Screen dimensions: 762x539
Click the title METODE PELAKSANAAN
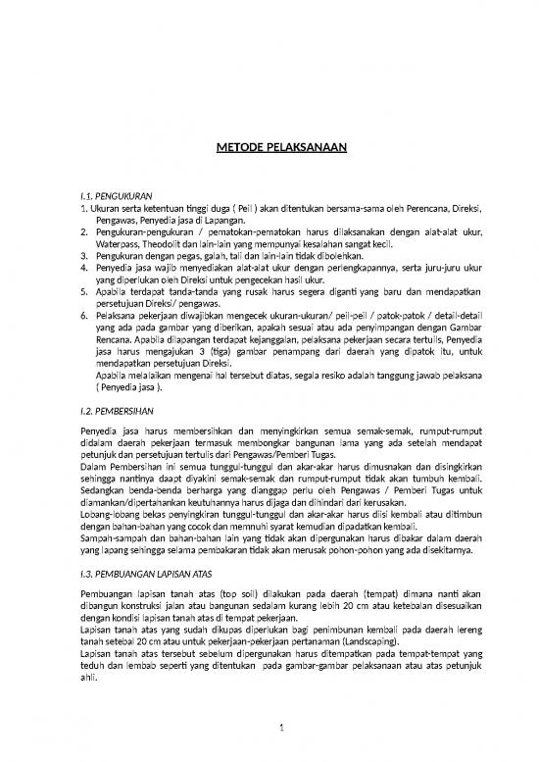(276, 149)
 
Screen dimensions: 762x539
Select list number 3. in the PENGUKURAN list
(84, 251)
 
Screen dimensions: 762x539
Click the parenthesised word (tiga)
(202, 347)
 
